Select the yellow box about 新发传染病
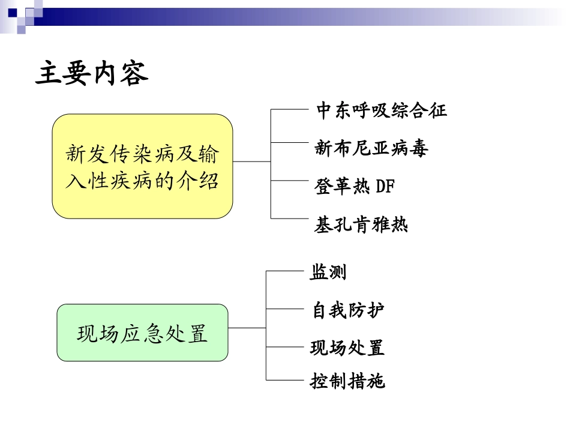point(142,166)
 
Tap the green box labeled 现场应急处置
point(142,333)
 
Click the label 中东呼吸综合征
point(381,110)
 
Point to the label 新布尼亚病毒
point(371,148)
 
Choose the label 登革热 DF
point(355,187)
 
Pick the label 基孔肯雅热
point(361,225)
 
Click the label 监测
point(328,273)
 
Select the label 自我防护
point(348,310)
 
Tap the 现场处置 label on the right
point(347,348)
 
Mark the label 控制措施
point(347,381)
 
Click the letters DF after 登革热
point(385,187)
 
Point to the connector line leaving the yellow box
point(252,161)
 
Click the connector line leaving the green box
point(247,328)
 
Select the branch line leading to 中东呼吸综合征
point(289,109)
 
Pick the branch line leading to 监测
point(284,271)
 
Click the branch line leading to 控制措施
point(284,379)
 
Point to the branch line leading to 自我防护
point(284,309)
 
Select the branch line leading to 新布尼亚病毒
point(289,142)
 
